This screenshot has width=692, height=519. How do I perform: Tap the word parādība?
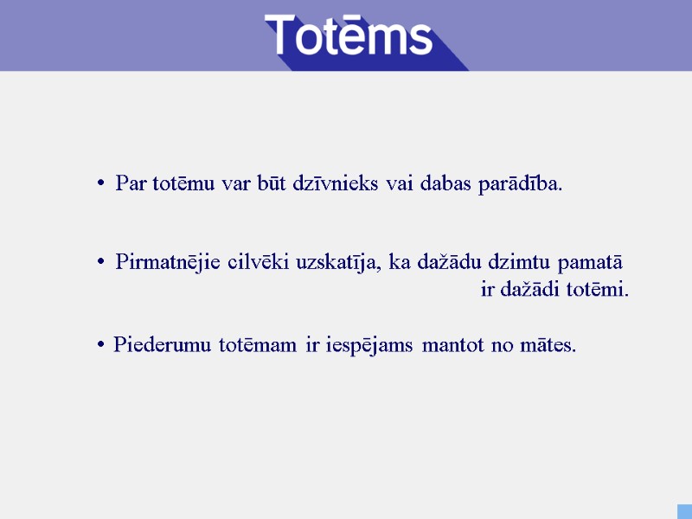tap(519, 183)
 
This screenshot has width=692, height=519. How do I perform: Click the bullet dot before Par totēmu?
tap(101, 184)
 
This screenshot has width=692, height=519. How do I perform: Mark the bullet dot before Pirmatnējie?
tap(101, 262)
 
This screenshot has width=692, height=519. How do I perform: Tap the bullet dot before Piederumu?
tap(101, 346)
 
